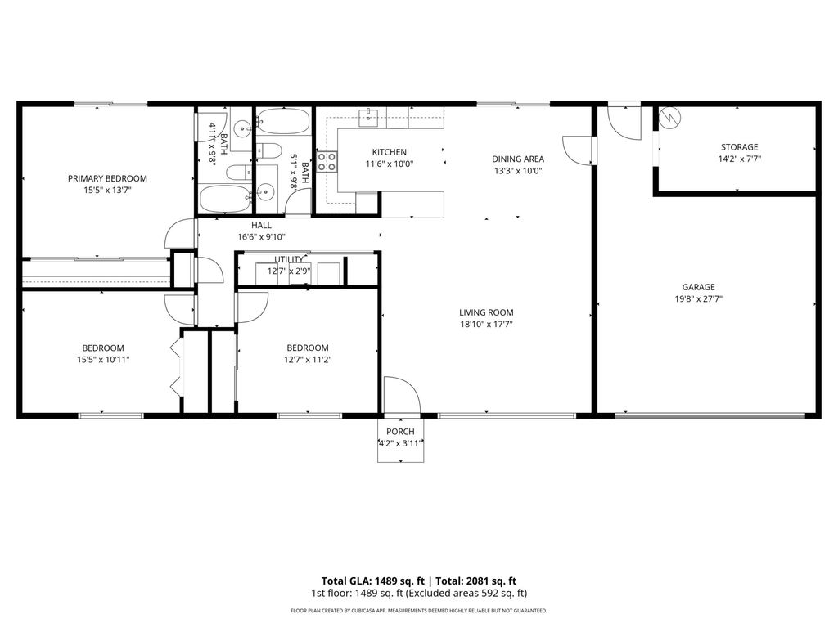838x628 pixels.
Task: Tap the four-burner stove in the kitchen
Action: click(327, 161)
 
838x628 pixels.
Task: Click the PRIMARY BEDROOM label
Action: click(107, 178)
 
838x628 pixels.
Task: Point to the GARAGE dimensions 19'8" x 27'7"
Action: click(699, 299)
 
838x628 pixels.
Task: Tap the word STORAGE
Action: click(738, 147)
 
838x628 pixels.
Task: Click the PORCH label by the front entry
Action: click(400, 432)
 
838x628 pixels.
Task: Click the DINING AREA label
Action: click(518, 159)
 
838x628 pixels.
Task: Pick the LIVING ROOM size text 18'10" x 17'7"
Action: click(486, 325)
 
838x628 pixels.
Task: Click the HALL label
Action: click(261, 225)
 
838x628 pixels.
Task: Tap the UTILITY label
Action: click(288, 259)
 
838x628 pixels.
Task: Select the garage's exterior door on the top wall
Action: click(624, 121)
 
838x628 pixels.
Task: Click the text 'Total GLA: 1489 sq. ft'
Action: click(366, 579)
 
